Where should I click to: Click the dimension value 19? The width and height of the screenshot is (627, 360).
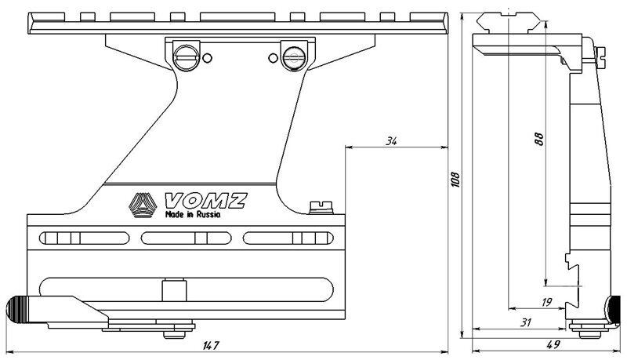[545, 300]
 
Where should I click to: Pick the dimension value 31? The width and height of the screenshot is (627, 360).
[525, 322]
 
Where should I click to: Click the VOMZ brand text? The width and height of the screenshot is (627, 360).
[203, 202]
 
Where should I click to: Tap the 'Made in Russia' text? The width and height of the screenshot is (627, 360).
[192, 214]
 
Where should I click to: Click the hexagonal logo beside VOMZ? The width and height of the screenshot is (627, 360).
[143, 205]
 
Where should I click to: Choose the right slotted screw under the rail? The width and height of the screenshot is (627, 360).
[294, 56]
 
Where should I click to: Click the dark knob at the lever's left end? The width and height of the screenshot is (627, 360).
[20, 308]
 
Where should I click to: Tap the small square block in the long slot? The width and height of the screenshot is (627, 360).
[169, 290]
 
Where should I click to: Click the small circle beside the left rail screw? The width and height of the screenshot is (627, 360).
[206, 57]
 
